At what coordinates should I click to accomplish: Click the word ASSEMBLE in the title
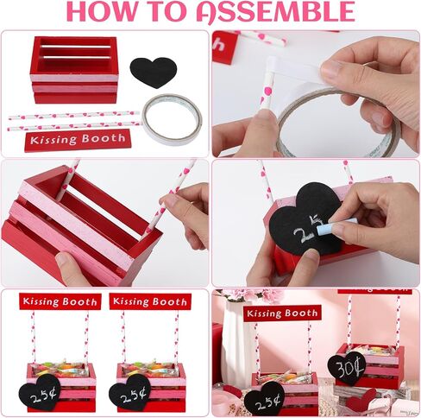(276, 11)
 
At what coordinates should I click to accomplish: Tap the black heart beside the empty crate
(154, 73)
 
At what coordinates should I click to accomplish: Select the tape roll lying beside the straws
(172, 119)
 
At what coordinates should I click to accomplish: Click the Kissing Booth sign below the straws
(78, 140)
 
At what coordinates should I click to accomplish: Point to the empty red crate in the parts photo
(74, 69)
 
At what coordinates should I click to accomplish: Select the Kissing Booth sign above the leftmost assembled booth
(60, 301)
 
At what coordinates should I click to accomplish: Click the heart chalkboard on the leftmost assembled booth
(40, 393)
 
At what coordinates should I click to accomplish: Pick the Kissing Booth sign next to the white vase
(282, 313)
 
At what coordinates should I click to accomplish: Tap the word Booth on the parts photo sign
(104, 138)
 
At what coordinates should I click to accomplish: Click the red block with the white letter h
(224, 46)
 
